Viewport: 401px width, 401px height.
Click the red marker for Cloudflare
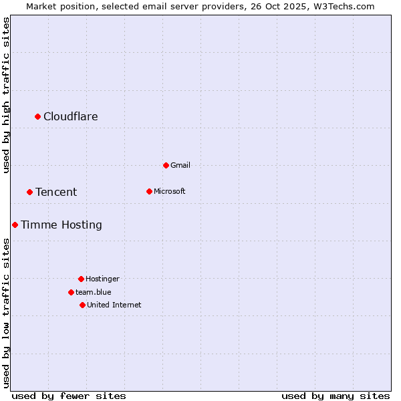pos(38,117)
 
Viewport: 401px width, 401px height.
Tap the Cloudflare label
pos(70,117)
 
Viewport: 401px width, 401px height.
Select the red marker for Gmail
pos(166,165)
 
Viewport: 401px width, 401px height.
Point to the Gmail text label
pos(180,165)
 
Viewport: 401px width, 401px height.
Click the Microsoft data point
pos(150,192)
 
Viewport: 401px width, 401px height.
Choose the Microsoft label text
pos(169,192)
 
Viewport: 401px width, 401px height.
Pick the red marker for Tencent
pos(30,192)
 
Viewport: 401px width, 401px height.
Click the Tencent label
pos(56,192)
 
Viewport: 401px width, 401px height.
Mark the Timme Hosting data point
pos(15,225)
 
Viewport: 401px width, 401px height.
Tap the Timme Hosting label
pos(61,225)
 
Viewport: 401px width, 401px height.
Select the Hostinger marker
pos(82,279)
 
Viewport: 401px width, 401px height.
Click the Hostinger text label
pos(102,279)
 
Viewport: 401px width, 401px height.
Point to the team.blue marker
pos(72,292)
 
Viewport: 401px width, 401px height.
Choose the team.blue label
pos(94,292)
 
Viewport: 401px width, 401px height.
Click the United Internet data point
pos(83,305)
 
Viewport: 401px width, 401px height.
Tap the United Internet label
pos(114,305)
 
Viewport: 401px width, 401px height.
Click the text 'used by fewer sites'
pos(69,396)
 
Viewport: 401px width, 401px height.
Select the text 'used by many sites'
pos(336,396)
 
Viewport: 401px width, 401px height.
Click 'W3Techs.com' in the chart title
pos(345,6)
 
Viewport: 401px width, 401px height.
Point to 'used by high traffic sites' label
pos(6,95)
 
